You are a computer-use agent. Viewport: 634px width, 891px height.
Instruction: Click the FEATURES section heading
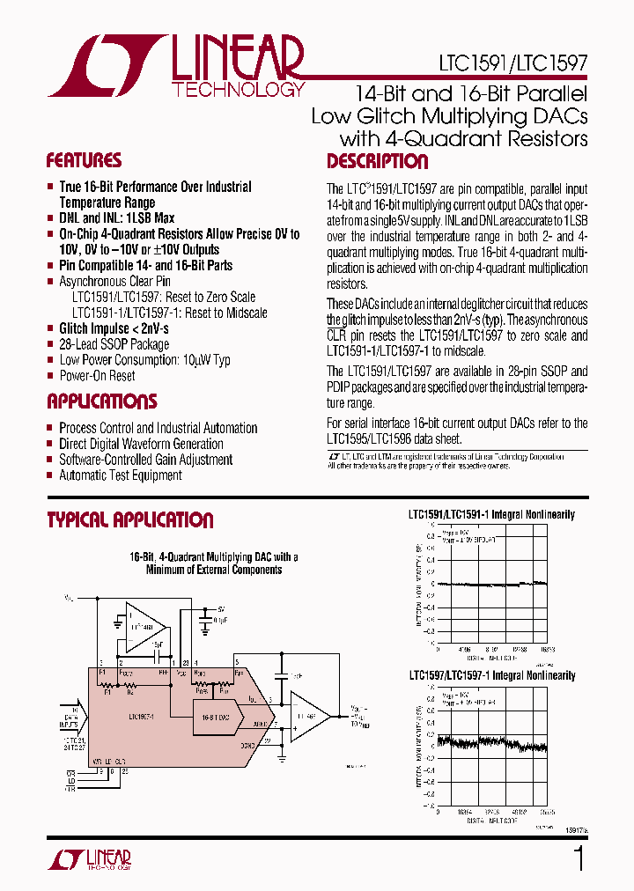tap(84, 161)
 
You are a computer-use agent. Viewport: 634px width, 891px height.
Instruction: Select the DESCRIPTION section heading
tap(377, 162)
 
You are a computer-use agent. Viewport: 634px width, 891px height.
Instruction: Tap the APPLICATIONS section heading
tap(101, 402)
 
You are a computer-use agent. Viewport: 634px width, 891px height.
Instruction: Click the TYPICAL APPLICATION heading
tap(129, 520)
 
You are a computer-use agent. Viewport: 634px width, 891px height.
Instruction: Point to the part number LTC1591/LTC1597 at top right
tap(512, 64)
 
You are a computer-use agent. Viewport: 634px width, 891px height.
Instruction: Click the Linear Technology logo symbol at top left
tap(106, 66)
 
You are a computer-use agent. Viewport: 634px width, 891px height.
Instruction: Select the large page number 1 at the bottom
tap(579, 858)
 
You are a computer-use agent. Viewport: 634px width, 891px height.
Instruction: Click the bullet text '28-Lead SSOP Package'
tap(114, 344)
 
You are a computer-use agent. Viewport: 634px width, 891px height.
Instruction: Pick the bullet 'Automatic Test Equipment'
tap(120, 475)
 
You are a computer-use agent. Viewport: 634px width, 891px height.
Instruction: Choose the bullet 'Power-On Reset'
tap(97, 376)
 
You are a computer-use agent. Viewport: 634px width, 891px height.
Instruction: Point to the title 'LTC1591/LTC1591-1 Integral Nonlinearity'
tap(490, 514)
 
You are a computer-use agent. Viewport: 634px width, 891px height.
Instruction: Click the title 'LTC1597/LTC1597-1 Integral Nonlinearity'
tap(490, 676)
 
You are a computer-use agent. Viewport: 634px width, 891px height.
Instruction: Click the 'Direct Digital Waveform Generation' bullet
tap(141, 444)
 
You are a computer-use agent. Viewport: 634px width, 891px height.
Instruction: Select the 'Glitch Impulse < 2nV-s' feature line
tap(114, 328)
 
